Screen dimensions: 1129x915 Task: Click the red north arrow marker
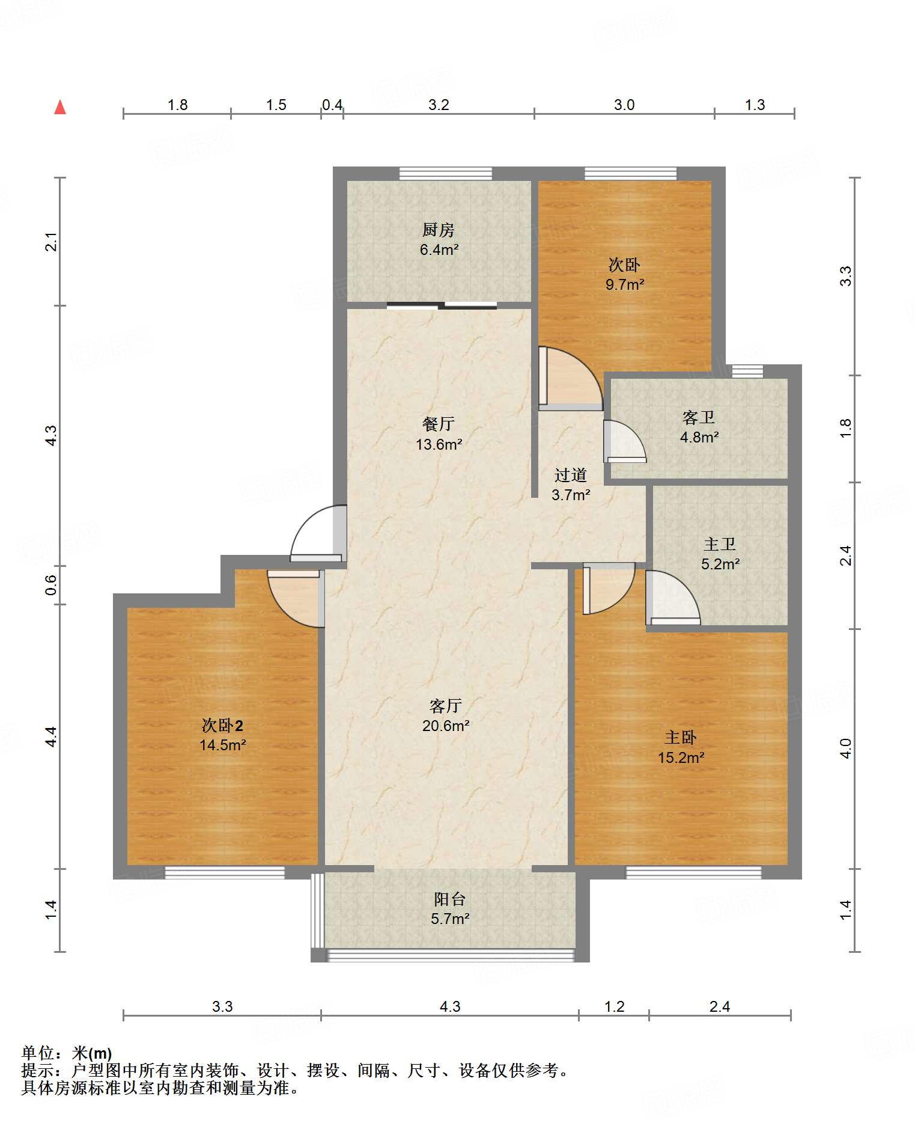[x=60, y=108]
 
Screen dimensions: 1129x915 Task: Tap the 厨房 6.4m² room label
[x=439, y=239]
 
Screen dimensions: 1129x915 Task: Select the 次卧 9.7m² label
[x=624, y=274]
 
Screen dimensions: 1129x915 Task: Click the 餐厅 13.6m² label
[x=439, y=433]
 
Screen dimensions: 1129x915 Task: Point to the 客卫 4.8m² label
[x=699, y=427]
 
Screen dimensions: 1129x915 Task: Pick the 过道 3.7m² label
[x=570, y=485]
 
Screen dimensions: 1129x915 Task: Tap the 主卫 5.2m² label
[x=720, y=554]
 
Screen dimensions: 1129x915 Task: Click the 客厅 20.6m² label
[x=445, y=715]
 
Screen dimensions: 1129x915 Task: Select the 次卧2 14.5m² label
[x=222, y=735]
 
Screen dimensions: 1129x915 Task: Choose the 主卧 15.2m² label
[x=680, y=747]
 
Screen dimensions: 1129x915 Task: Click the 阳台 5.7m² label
[x=449, y=908]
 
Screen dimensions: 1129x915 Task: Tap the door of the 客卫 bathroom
[x=624, y=442]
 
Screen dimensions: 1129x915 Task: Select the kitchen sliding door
[x=442, y=305]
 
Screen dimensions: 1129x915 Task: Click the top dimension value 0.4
[x=332, y=105]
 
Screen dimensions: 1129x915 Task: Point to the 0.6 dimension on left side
[x=52, y=584]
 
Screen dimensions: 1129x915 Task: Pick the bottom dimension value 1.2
[x=614, y=1006]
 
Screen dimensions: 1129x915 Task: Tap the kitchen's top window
[x=446, y=174]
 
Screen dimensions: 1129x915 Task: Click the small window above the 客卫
[x=747, y=371]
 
